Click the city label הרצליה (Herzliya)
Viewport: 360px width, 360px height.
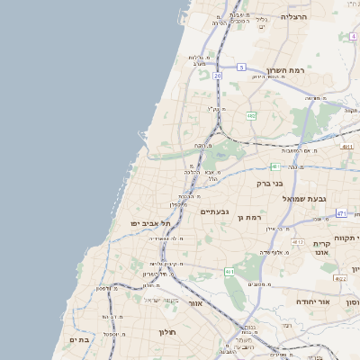tap(293, 17)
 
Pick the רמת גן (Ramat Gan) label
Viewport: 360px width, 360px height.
tap(248, 217)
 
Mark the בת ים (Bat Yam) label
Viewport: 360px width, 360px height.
tap(79, 339)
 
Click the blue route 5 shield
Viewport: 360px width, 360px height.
tap(241, 67)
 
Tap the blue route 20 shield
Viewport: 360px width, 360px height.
tap(218, 76)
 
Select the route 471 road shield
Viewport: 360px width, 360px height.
tap(341, 213)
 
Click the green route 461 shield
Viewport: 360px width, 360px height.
tap(229, 271)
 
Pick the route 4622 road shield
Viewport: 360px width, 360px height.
tap(339, 280)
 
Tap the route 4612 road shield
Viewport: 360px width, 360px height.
tap(297, 242)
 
